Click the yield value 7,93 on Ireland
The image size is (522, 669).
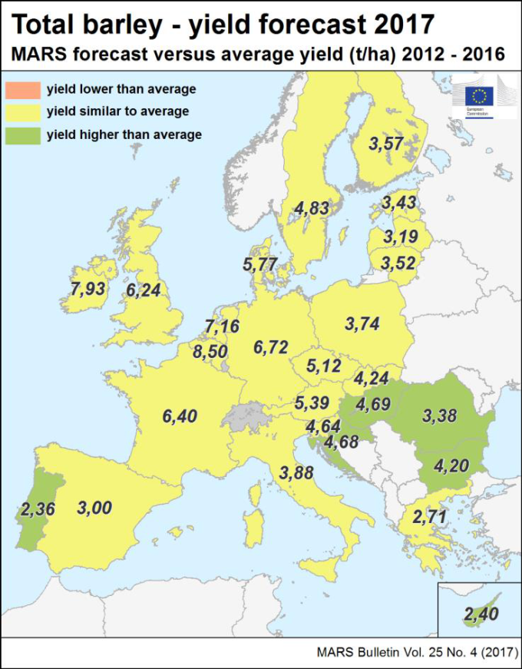(87, 290)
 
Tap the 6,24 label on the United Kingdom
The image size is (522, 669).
(144, 290)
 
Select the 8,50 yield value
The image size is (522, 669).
(210, 353)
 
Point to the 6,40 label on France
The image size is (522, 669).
(180, 416)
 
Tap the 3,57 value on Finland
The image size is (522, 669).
(385, 143)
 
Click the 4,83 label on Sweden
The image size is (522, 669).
(312, 207)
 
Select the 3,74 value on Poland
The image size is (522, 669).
(363, 323)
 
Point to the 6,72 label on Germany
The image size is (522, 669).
(270, 347)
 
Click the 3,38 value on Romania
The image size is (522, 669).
(439, 416)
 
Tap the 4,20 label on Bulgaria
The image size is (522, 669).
(451, 465)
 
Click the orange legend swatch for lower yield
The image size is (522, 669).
(22, 89)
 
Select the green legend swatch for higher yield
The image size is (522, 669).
(22, 135)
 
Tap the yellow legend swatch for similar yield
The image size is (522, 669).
(22, 112)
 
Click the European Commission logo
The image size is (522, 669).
(481, 97)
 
